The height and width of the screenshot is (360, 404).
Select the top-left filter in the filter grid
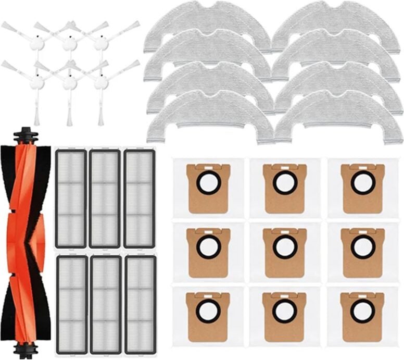coord(71,198)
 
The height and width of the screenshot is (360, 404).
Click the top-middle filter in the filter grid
coord(105,198)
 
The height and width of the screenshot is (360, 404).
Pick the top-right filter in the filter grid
coord(140,198)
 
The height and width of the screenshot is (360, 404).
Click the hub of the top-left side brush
coord(37,45)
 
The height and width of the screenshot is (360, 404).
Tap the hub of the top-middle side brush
coord(69,45)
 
